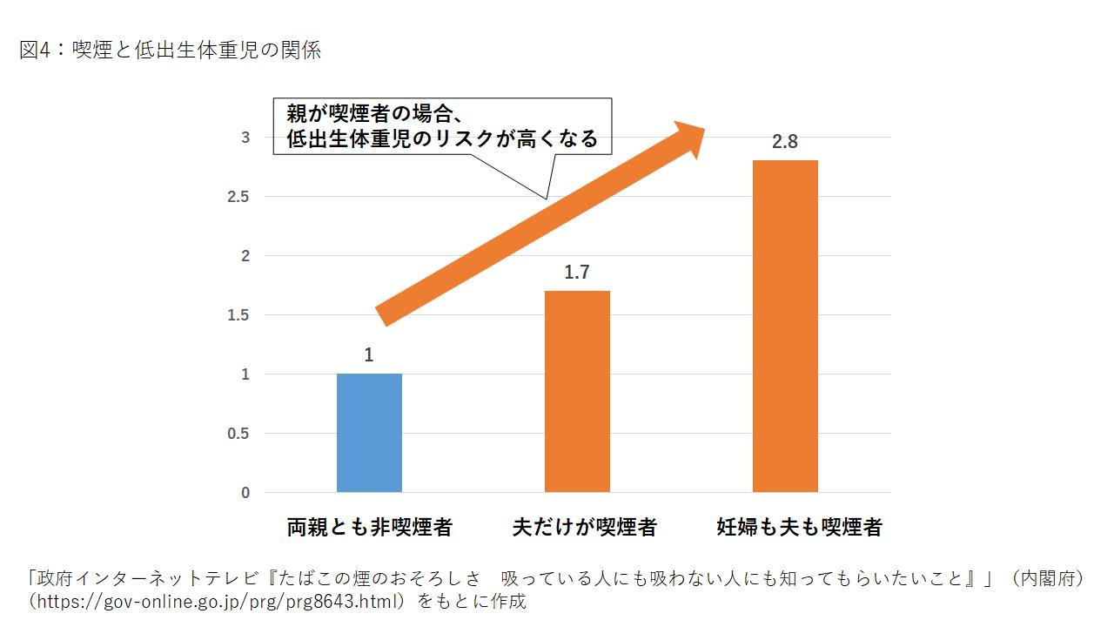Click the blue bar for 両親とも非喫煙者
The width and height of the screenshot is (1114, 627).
pos(369,433)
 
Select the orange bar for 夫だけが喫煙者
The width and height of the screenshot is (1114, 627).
pos(577,392)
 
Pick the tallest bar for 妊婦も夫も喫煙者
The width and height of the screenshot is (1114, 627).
pos(785,327)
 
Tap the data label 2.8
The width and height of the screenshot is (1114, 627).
pos(785,142)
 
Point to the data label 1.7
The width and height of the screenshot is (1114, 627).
pos(577,273)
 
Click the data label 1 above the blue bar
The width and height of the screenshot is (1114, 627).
pos(369,355)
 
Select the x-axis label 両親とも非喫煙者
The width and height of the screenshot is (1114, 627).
pos(369,527)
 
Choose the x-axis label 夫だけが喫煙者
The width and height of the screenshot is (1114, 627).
pos(584,527)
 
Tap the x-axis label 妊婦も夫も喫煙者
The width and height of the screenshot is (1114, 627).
pos(799,527)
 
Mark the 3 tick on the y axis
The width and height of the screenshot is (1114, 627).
pos(245,138)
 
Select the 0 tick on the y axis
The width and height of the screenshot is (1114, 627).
pos(245,493)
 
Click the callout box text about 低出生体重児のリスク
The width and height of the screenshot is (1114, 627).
pos(442,126)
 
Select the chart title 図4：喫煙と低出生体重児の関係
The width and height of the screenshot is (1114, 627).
pos(171,51)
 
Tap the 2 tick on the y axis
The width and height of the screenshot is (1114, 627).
pos(245,256)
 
